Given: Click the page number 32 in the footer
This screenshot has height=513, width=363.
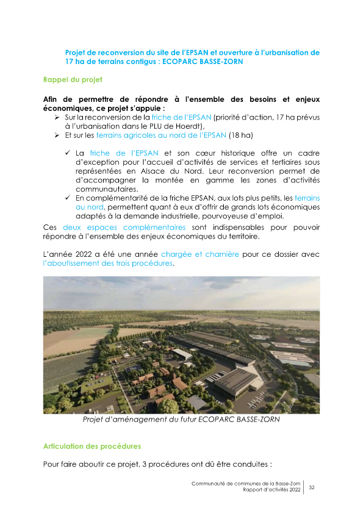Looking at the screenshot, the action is pos(312,487).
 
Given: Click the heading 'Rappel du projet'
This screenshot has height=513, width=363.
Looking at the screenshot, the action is pos(73,80).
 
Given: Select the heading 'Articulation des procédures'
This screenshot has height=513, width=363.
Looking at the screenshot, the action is pos(92,446).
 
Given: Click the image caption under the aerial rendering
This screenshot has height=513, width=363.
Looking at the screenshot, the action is pos(181,420).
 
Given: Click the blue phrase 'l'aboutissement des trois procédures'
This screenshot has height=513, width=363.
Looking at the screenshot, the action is pos(108,263).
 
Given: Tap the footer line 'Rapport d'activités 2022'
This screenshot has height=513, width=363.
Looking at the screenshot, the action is pos(271,490).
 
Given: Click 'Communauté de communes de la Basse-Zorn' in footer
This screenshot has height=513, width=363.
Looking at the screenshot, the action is pos(246,483).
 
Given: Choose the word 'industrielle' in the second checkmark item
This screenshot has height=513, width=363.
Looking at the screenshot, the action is pos(199,216).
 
